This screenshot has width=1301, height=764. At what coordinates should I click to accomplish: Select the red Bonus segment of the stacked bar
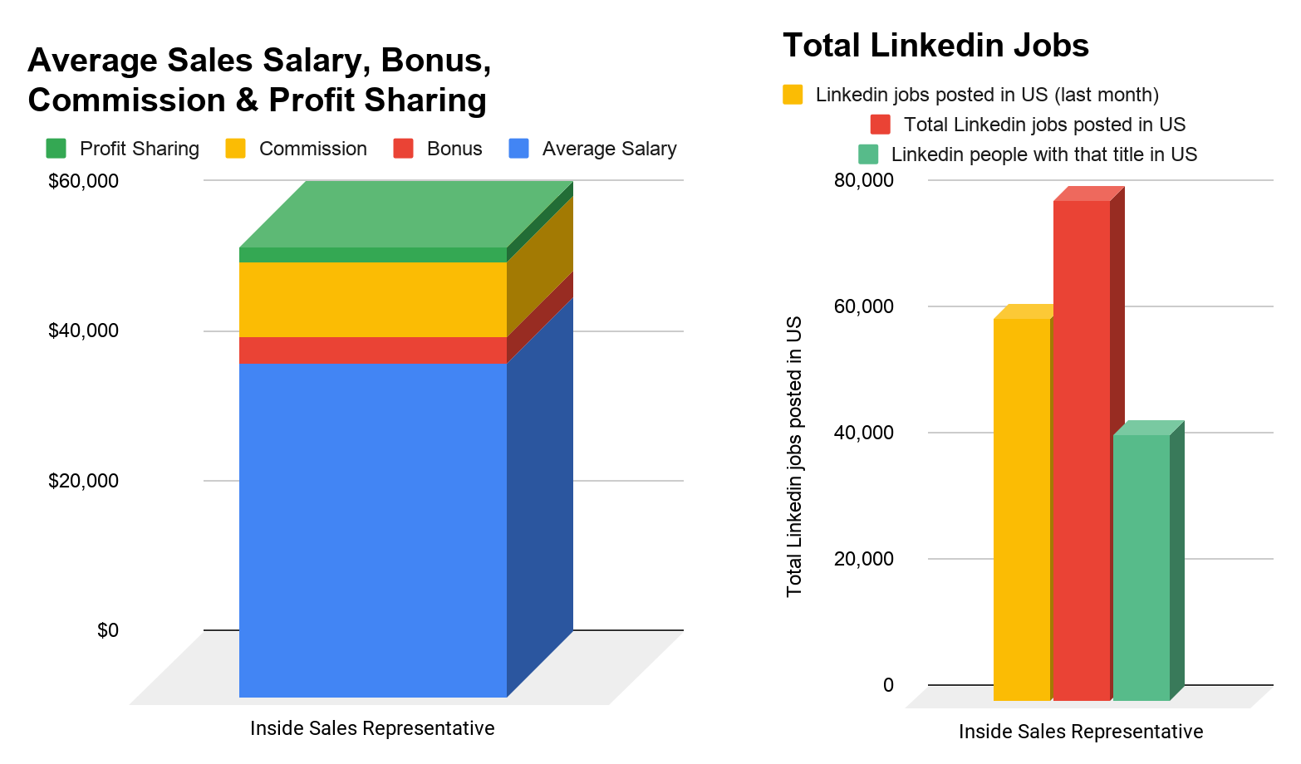(x=372, y=350)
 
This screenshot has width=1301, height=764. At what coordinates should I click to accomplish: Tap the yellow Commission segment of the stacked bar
(x=372, y=299)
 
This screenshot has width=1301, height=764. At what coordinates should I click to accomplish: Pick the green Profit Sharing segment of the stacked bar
(x=372, y=255)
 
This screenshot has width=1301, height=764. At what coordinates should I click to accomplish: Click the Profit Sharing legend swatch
(x=56, y=149)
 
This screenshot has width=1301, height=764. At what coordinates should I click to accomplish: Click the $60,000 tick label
(x=83, y=181)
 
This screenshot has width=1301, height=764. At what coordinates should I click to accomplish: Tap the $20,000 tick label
(x=83, y=481)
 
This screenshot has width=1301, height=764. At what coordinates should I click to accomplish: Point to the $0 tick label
(x=108, y=630)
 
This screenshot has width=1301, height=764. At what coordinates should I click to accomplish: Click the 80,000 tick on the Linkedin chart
(x=864, y=180)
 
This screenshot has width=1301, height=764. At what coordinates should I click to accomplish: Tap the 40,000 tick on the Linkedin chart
(x=864, y=433)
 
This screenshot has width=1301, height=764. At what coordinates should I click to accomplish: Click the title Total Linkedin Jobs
(x=935, y=45)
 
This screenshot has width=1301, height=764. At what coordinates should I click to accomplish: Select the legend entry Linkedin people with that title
(x=1043, y=154)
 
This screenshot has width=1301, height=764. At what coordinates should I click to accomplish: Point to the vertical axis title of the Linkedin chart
(x=794, y=456)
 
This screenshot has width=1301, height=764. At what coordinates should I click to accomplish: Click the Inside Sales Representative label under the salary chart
(x=372, y=728)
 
